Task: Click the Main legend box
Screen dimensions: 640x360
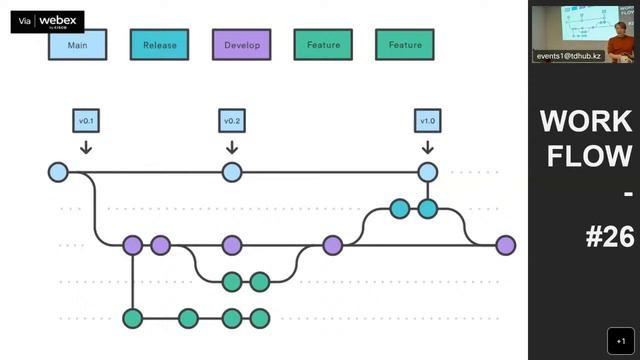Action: [x=78, y=45]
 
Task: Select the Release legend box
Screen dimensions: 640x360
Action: [x=160, y=45]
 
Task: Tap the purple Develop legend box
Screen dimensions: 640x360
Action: [x=242, y=45]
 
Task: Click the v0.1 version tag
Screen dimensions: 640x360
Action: [x=86, y=121]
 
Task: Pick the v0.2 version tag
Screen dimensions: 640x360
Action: [x=232, y=121]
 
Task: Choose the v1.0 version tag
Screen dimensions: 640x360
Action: [x=427, y=121]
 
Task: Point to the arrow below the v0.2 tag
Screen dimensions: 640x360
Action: [x=232, y=147]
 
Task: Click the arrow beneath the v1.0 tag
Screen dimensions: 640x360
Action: [x=427, y=147]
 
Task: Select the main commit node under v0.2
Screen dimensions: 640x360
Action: [x=232, y=172]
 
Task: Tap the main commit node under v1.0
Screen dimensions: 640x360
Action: [x=427, y=172]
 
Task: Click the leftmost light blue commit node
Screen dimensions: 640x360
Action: [x=58, y=172]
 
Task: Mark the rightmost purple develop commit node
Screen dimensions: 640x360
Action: [x=506, y=245]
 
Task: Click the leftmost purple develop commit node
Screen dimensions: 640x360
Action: [x=133, y=245]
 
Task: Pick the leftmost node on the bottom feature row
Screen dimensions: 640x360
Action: [x=133, y=318]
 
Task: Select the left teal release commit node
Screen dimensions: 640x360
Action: [x=400, y=209]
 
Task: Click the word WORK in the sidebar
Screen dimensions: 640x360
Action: [x=586, y=121]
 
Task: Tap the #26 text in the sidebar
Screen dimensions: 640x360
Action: [x=610, y=237]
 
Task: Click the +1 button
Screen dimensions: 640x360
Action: [x=621, y=341]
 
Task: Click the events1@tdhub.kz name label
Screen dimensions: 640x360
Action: [x=569, y=56]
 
